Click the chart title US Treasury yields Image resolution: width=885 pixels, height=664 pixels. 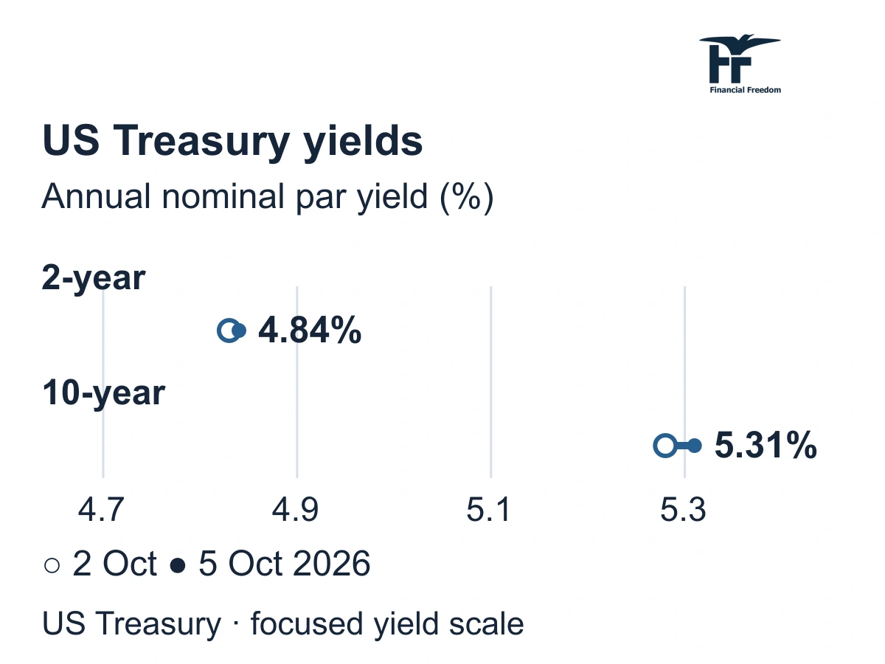[232, 141]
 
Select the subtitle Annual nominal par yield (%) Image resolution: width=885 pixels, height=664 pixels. [267, 197]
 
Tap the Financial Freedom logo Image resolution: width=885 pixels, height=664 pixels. [740, 64]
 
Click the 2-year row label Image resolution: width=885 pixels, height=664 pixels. [94, 278]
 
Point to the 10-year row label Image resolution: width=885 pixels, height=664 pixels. [104, 393]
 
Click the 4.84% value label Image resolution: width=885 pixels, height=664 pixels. [310, 331]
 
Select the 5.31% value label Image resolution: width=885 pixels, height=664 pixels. [766, 446]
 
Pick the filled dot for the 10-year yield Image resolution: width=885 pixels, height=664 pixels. [694, 446]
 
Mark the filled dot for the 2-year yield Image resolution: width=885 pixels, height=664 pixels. [240, 331]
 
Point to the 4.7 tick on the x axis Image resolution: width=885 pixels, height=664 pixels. [101, 510]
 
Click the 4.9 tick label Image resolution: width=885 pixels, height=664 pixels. [295, 510]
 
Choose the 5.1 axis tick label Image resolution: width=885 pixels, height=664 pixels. [489, 510]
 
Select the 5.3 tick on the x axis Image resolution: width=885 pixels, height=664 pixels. [683, 510]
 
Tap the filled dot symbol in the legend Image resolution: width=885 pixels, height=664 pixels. [178, 565]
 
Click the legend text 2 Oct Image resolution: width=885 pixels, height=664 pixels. [114, 563]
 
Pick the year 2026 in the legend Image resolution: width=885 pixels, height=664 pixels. [331, 563]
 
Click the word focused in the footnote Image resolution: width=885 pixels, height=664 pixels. [308, 623]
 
